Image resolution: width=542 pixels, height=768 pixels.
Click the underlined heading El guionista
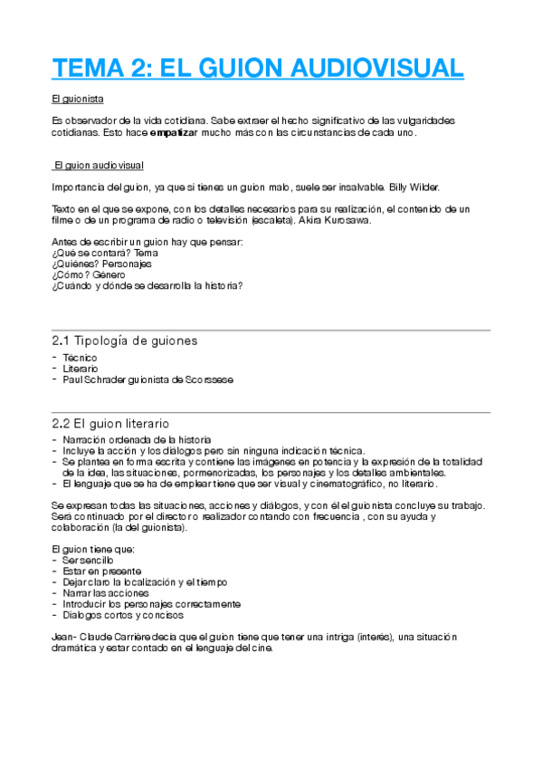click(x=74, y=98)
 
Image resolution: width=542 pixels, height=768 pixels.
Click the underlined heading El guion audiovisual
click(x=99, y=166)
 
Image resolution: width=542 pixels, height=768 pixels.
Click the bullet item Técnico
click(x=81, y=358)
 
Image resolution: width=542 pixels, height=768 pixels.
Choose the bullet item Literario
click(x=81, y=369)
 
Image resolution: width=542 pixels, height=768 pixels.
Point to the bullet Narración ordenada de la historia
click(x=128, y=439)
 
